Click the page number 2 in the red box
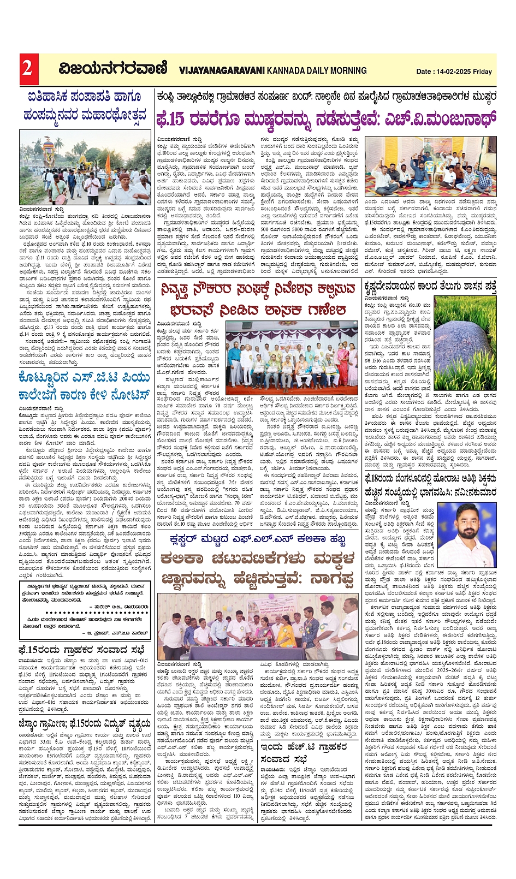pos(27,67)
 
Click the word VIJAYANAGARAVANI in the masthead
pos(222,70)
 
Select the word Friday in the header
pos(483,72)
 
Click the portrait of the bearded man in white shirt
pos(467,534)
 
